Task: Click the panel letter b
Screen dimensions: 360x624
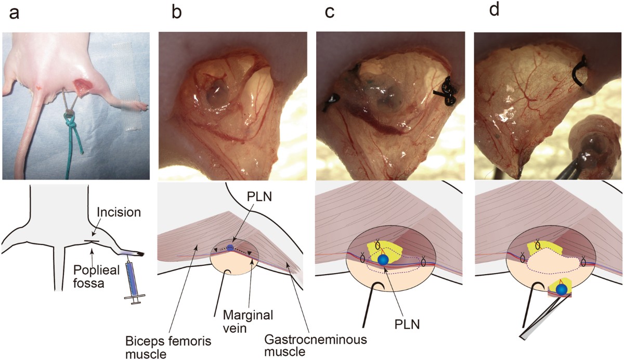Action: click(177, 12)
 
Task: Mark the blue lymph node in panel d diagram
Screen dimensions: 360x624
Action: click(562, 289)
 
